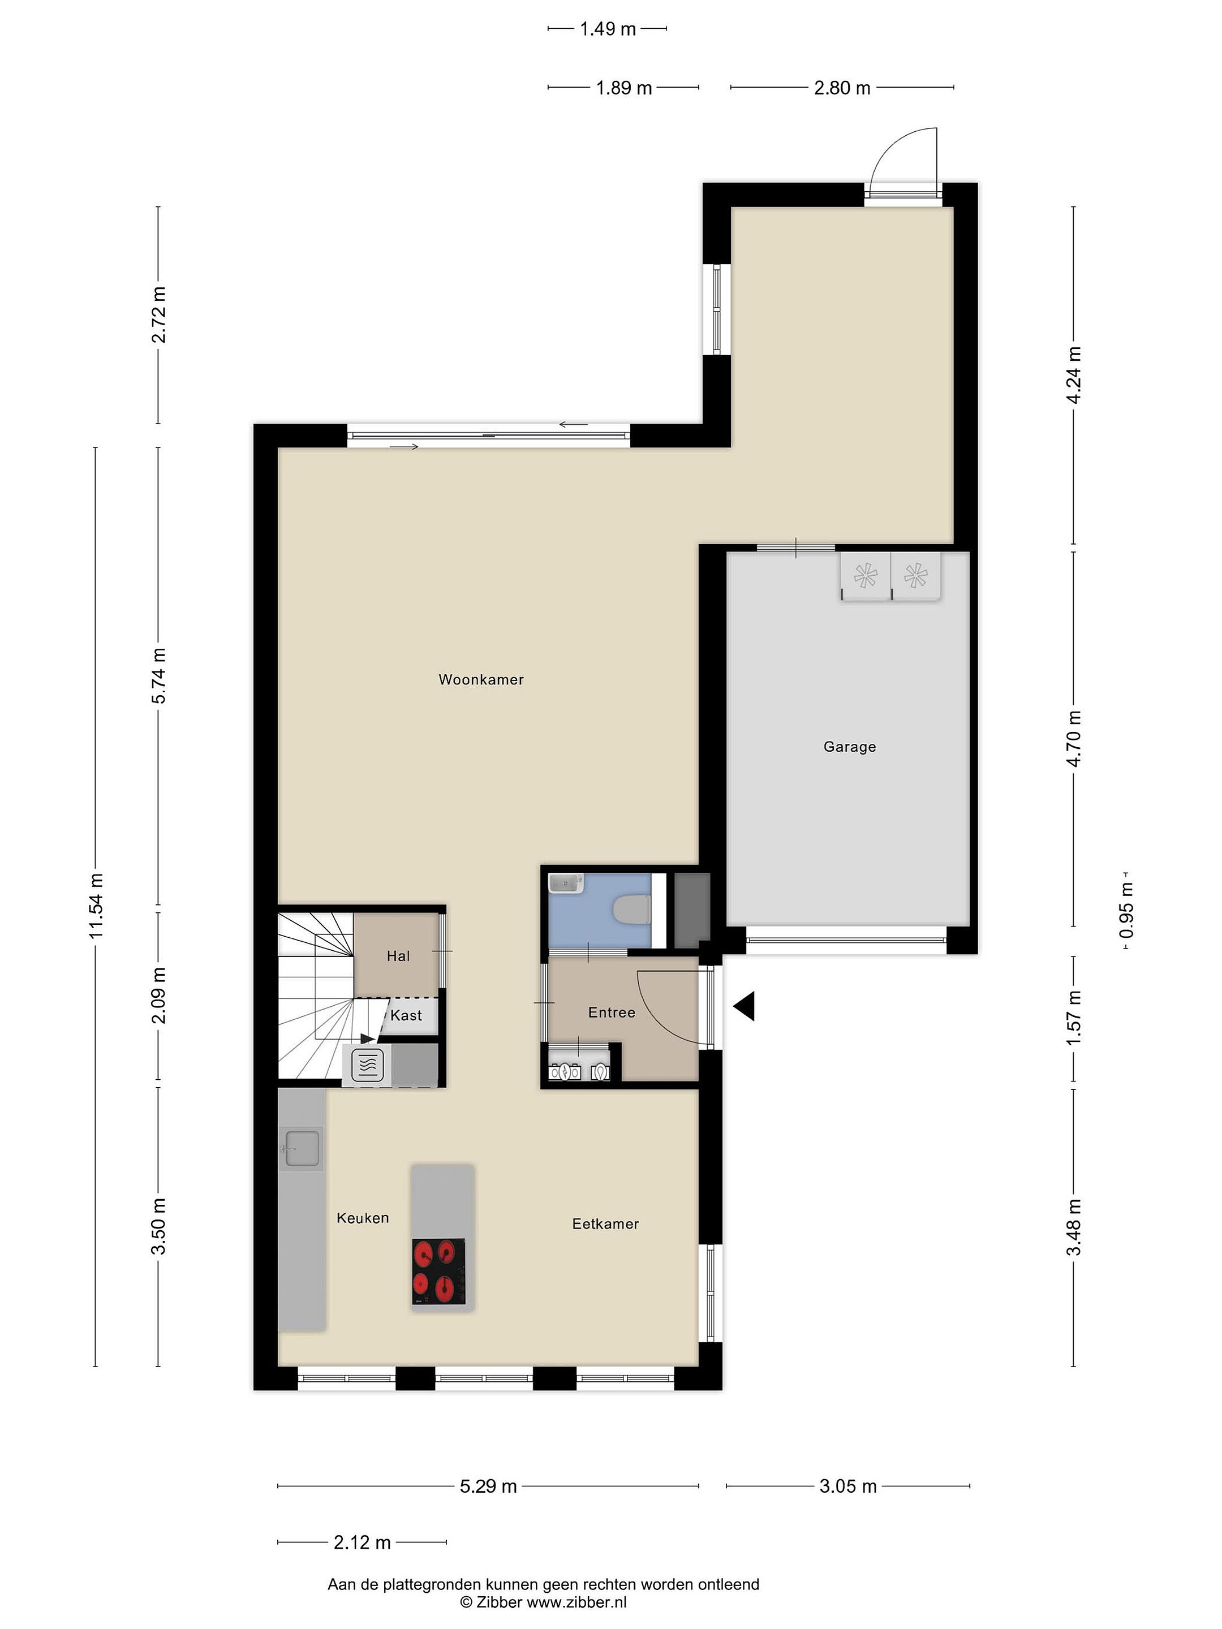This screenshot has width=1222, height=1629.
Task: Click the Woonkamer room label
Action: point(481,680)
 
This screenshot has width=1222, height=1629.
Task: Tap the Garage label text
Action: point(849,747)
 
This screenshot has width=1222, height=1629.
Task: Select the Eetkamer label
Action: point(605,1224)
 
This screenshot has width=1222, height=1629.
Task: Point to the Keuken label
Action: point(363,1218)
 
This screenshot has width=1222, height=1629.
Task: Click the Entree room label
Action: point(612,1012)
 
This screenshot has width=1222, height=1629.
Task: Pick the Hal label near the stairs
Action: point(398,956)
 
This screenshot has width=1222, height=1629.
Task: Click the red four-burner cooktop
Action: point(438,1272)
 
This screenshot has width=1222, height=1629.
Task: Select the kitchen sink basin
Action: point(302,1149)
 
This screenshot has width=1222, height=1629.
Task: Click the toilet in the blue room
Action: point(631,910)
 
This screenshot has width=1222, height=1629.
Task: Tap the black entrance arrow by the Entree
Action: point(744,1006)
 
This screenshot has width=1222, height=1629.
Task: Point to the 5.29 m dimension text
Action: point(488,1486)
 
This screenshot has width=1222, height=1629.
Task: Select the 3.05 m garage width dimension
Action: point(848,1486)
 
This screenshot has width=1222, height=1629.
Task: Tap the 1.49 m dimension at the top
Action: point(608,29)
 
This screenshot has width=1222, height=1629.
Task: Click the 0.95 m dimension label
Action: point(1127,911)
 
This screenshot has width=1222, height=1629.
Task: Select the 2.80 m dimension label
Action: point(842,88)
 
